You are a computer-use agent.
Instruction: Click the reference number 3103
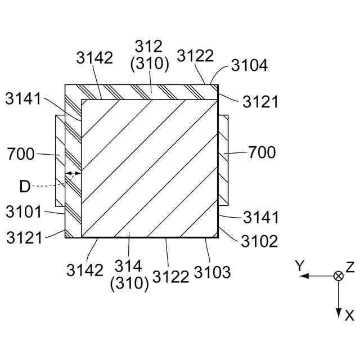point(212,272)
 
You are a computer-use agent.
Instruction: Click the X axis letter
point(349,316)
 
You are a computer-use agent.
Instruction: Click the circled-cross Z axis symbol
point(339,276)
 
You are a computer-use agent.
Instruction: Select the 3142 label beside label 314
point(85,270)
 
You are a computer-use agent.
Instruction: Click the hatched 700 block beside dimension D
point(60,160)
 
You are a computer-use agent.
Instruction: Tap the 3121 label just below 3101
point(24,238)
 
